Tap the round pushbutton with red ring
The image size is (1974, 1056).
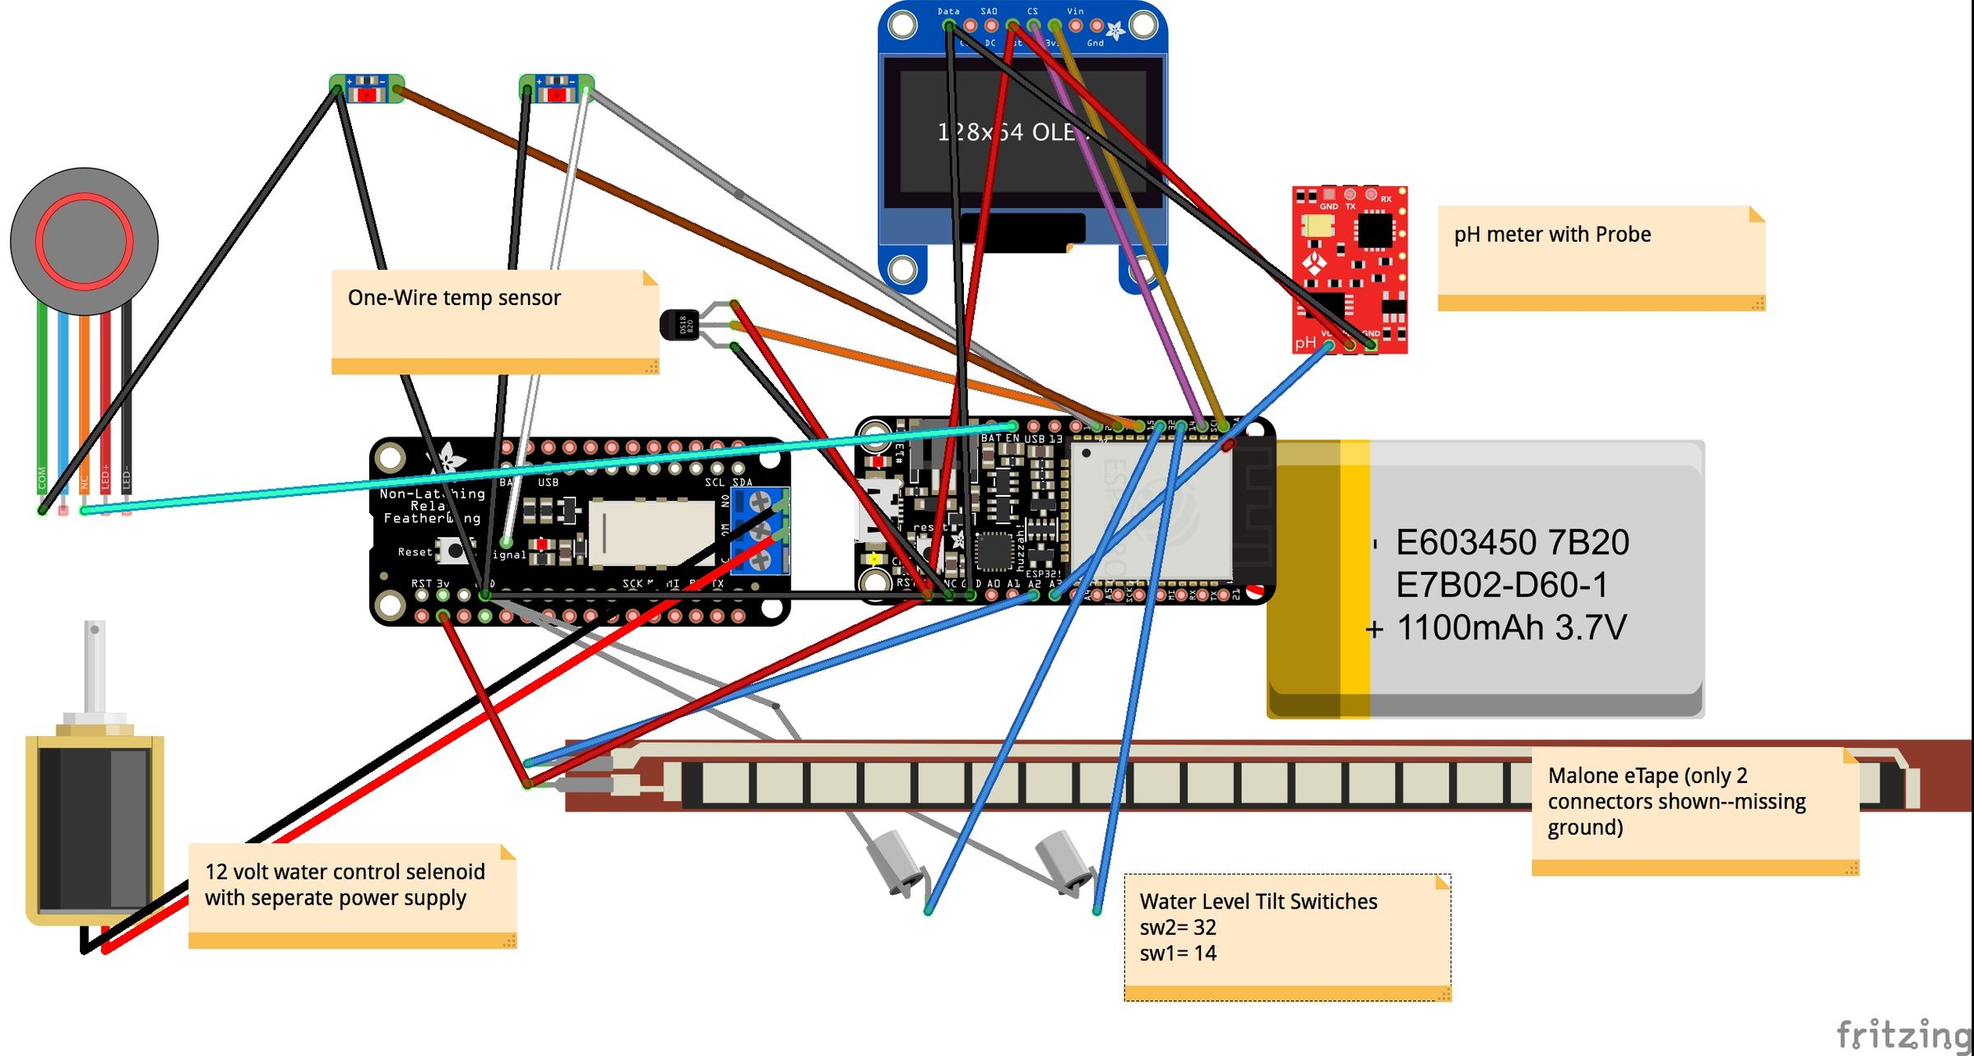(x=84, y=241)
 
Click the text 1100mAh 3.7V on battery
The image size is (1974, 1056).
(x=1511, y=628)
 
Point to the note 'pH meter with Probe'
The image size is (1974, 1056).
(x=1552, y=234)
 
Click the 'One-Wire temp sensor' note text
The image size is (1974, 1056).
(x=454, y=298)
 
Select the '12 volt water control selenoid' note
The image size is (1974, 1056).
(x=345, y=884)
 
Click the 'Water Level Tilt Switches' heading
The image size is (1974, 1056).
(x=1258, y=901)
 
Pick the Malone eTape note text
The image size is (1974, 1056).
(x=1675, y=800)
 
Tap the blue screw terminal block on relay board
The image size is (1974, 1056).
(x=761, y=530)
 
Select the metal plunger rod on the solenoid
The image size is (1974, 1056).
(x=95, y=666)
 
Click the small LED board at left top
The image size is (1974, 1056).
(x=367, y=88)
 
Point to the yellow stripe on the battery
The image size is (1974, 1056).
(x=1355, y=576)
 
